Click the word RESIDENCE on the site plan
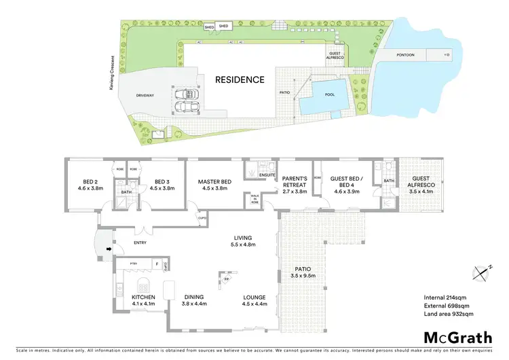tap(240, 79)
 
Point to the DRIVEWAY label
tap(146, 96)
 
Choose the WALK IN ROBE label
tap(255, 200)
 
